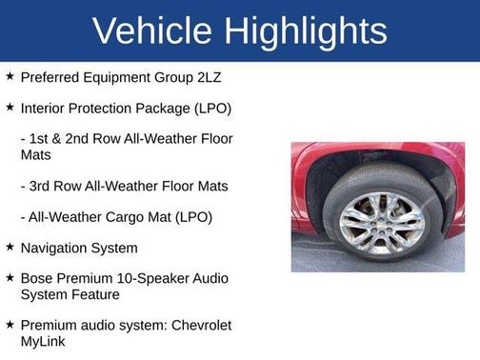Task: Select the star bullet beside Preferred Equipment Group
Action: click(x=10, y=74)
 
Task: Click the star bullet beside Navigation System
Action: click(x=10, y=247)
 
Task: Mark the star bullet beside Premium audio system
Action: click(x=10, y=324)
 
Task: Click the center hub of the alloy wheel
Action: click(x=381, y=223)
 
